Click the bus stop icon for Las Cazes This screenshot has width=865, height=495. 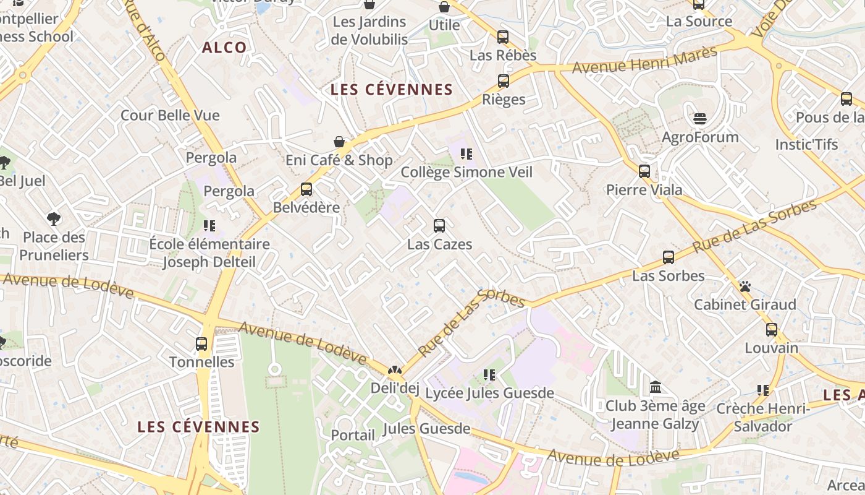click(x=439, y=226)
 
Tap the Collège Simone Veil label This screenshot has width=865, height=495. click(x=466, y=172)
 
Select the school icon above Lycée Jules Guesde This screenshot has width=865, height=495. click(x=489, y=374)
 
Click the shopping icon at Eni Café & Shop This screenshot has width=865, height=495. click(x=339, y=142)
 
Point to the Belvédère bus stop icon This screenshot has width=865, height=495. click(x=306, y=189)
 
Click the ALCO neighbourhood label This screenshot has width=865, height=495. click(x=224, y=48)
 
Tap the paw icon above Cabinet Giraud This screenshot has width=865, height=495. click(x=745, y=286)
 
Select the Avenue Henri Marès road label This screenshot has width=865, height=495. click(x=644, y=59)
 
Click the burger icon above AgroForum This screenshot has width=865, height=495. click(x=700, y=118)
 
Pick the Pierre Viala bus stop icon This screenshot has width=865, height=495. click(x=644, y=171)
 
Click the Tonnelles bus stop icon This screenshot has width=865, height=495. click(x=201, y=344)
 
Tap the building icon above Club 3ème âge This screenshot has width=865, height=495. click(x=656, y=387)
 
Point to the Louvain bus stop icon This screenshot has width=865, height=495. click(x=771, y=330)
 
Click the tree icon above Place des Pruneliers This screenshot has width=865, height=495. click(x=54, y=218)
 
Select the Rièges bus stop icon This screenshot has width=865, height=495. click(x=504, y=81)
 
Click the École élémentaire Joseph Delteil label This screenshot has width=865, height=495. click(x=209, y=252)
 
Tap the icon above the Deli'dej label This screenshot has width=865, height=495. click(x=394, y=371)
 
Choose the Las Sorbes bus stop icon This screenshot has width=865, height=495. click(x=669, y=257)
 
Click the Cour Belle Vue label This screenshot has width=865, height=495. click(x=170, y=115)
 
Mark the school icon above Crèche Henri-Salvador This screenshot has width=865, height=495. click(x=763, y=390)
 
